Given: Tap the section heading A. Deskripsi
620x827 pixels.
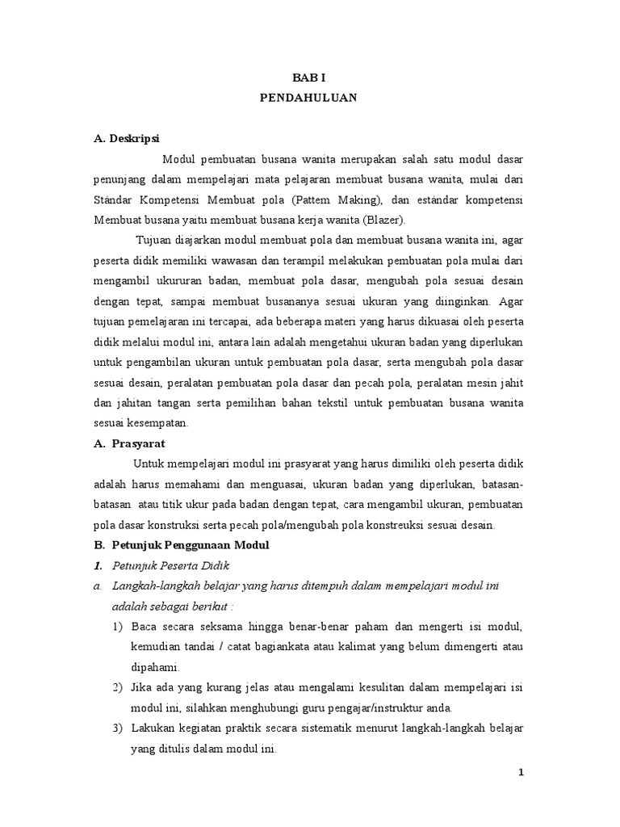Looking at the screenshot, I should coord(128,139).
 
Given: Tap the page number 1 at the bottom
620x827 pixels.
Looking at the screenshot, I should coord(522,772).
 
